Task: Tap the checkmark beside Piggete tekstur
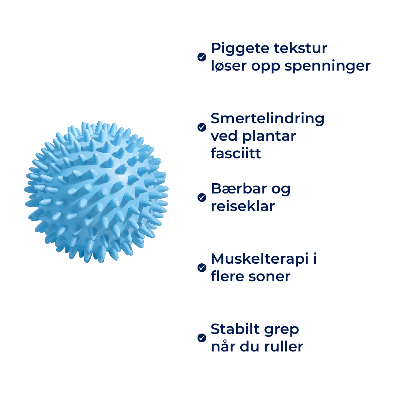[x=202, y=57]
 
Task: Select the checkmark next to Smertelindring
[x=202, y=127]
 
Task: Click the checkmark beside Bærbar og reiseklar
[x=202, y=197]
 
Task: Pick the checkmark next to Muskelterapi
[x=202, y=267]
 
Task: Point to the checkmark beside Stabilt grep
[x=202, y=338]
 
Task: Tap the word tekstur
[x=301, y=48]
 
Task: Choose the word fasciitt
[x=236, y=153]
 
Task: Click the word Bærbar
[x=239, y=189]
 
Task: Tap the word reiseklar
[x=243, y=206]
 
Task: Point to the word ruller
[x=284, y=347]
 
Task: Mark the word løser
[x=229, y=66]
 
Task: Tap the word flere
[x=228, y=276]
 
